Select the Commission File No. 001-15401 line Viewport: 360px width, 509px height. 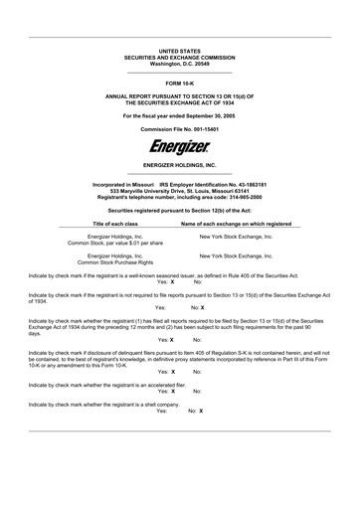(180, 129)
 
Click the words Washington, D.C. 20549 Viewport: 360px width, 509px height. (180, 63)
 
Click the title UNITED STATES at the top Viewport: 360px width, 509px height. (180, 50)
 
